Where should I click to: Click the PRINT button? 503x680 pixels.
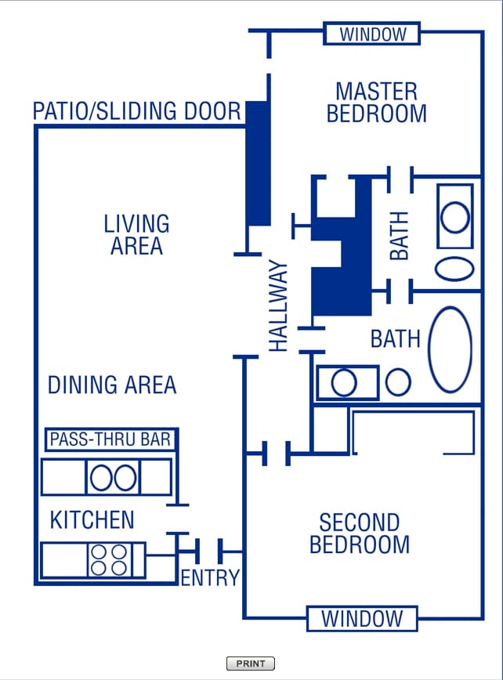point(251,664)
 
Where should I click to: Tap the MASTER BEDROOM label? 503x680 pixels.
point(376,103)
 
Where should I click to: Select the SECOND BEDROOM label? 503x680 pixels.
point(360,533)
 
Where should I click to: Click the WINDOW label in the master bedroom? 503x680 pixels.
point(373,34)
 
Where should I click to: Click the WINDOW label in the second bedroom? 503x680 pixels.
point(361,618)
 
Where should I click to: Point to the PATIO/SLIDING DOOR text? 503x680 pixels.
point(137,111)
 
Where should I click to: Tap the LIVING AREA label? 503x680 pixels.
point(136,234)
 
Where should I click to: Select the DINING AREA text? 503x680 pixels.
point(112,385)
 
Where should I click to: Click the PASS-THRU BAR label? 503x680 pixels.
point(110,439)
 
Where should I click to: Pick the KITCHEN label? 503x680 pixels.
point(92,519)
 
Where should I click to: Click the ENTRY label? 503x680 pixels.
point(209,578)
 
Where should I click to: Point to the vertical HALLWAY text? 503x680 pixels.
point(279,306)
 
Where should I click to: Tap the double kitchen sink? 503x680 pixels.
point(113,477)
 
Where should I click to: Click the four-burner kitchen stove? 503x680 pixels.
point(109,559)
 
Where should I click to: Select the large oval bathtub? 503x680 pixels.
point(451,349)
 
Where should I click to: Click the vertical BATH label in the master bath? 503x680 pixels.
point(400,236)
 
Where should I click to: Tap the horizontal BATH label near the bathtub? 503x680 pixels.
point(396,339)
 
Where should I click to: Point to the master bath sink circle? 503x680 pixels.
point(454,216)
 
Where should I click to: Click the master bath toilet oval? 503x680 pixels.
point(454,267)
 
